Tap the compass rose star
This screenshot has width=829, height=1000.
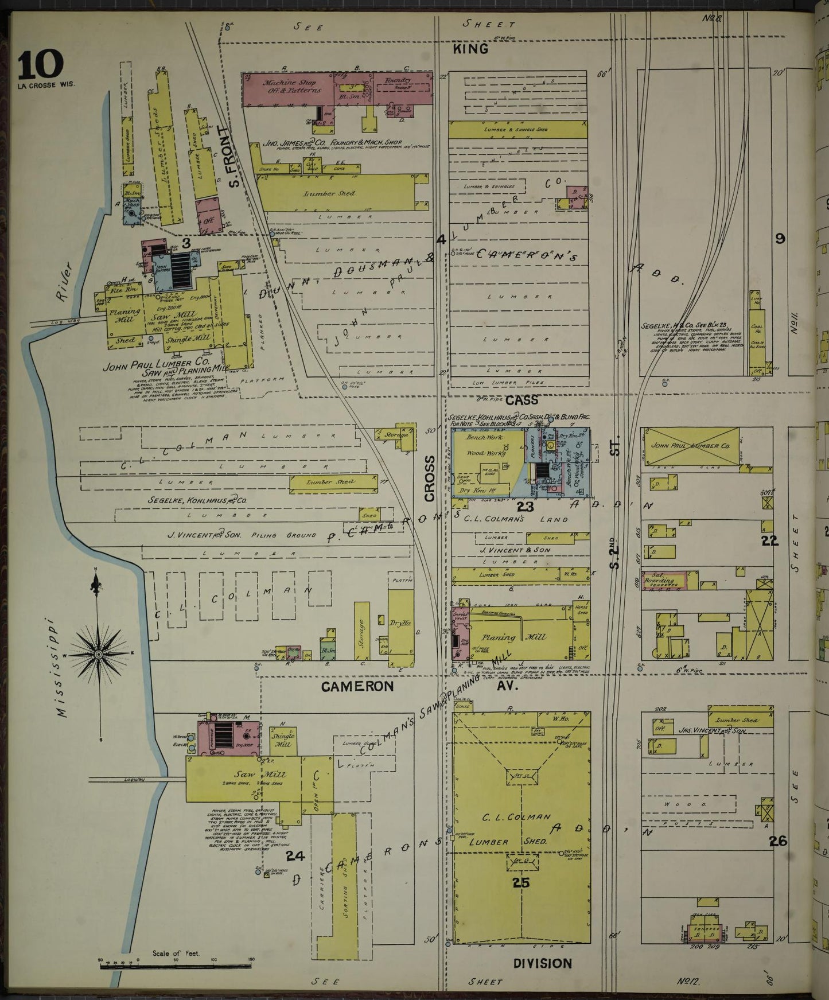click(x=99, y=654)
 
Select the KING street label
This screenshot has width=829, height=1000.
click(x=470, y=49)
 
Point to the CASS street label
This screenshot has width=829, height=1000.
click(x=521, y=399)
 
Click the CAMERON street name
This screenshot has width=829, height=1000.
click(x=357, y=686)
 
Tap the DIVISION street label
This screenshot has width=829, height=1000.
click(x=542, y=963)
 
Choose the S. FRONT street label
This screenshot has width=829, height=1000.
click(x=232, y=157)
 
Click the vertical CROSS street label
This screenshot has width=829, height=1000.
click(x=430, y=479)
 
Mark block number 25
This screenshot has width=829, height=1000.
click(x=521, y=883)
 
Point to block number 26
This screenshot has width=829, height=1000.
click(x=778, y=841)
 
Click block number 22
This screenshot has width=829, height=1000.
click(x=769, y=540)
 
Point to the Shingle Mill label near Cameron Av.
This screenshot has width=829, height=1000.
click(x=283, y=740)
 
